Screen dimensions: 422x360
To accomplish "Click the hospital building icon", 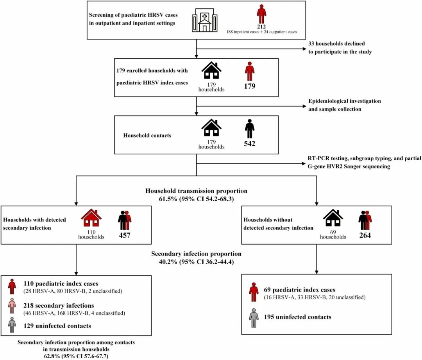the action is coord(204,20).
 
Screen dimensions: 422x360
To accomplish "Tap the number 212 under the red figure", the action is coord(261,27).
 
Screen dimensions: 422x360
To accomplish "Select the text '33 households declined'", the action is coord(336,44).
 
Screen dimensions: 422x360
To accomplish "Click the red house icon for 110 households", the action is coord(91,218).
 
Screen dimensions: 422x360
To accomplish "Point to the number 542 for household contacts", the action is coord(249,143).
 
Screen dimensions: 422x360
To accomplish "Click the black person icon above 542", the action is coord(250,129).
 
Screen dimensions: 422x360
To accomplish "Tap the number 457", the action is coord(125,235).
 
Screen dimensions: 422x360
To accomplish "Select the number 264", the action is coord(365,235).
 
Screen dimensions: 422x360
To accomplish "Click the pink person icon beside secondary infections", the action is coord(12,306).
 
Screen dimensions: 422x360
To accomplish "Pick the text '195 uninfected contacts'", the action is coord(297,317).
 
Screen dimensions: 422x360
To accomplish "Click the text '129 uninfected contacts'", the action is coord(57,326).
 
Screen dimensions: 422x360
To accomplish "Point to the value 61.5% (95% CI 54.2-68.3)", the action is coord(196,199).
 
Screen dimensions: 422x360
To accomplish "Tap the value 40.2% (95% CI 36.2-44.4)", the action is coord(196,262).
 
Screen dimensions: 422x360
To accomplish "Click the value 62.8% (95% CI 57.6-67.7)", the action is coord(76,356).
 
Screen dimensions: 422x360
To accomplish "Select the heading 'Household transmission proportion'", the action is coord(196,191).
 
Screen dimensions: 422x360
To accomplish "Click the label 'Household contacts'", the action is coord(147,135).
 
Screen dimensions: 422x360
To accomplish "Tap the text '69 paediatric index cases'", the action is coord(300,290).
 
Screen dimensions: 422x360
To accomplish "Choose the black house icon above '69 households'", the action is coord(333,218).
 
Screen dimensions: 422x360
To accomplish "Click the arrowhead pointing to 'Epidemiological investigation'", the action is coord(304,106).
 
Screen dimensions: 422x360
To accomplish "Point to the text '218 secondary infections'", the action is coord(59,306).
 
